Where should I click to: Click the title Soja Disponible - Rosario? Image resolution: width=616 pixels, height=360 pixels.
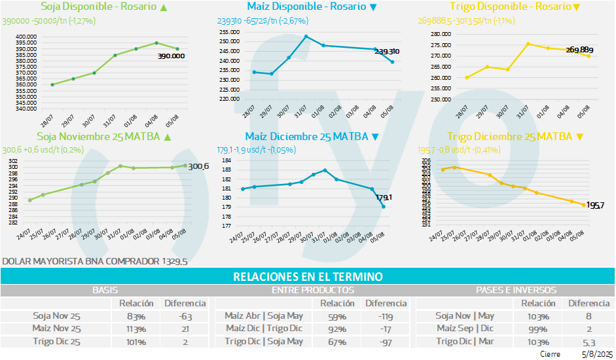pyautogui.click(x=98, y=7)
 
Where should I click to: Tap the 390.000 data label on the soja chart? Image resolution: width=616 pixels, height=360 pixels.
pyautogui.click(x=172, y=56)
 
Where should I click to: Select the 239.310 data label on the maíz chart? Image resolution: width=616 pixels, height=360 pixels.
pyautogui.click(x=387, y=51)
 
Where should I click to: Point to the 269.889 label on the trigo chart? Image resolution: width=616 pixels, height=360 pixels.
pyautogui.click(x=579, y=50)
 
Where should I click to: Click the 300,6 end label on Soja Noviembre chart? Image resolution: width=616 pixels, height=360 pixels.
pyautogui.click(x=198, y=167)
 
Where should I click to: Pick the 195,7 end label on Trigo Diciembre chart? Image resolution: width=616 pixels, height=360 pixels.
pyautogui.click(x=594, y=206)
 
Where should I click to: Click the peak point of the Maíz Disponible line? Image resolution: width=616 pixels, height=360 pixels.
pyautogui.click(x=306, y=36)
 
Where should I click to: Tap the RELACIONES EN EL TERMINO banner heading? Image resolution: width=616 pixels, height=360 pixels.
pyautogui.click(x=308, y=277)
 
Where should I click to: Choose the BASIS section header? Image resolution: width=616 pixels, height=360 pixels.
pyautogui.click(x=105, y=289)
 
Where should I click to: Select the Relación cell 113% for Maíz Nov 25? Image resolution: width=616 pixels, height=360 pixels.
pyautogui.click(x=137, y=328)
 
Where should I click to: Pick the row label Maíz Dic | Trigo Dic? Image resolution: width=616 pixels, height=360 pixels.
pyautogui.click(x=264, y=328)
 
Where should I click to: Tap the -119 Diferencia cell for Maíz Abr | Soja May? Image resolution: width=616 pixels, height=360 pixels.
pyautogui.click(x=386, y=315)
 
